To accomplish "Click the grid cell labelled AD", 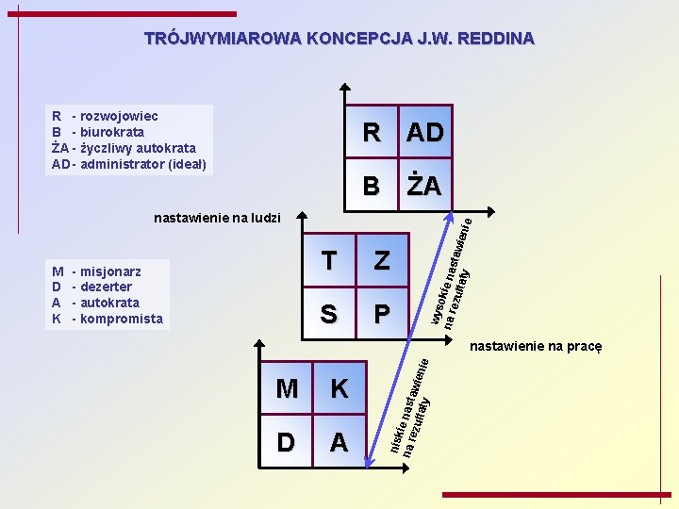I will (424, 133).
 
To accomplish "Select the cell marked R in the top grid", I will (373, 133).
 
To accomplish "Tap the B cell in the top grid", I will (373, 186).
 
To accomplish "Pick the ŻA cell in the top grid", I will (424, 186).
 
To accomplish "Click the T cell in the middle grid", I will (328, 261).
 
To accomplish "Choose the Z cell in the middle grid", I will (381, 261).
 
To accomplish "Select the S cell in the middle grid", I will (328, 313).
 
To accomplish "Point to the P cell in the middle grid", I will (381, 313).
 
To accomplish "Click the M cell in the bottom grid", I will (287, 388).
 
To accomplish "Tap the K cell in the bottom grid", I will (339, 388).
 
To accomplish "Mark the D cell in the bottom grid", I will (287, 441).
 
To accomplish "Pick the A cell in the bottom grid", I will (339, 441).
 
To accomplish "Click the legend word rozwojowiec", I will (120, 117).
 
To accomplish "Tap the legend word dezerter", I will (107, 287).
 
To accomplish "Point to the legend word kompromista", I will (122, 319).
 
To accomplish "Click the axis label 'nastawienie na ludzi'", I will (217, 218).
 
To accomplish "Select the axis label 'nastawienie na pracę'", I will (536, 346).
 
